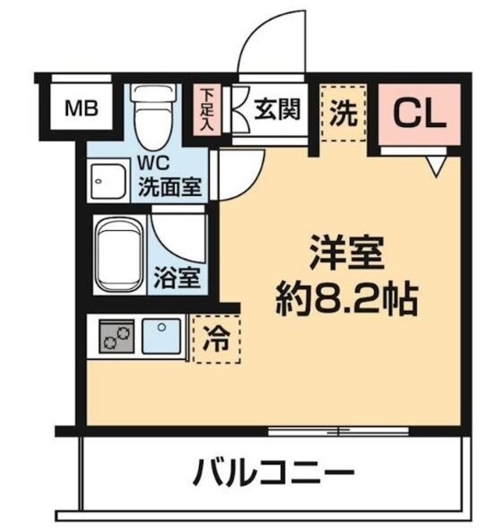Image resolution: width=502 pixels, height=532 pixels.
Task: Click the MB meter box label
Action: (x=82, y=108)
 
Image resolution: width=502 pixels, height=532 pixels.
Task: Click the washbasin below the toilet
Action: (x=108, y=176)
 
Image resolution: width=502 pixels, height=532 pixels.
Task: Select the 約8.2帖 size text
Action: (x=345, y=298)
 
